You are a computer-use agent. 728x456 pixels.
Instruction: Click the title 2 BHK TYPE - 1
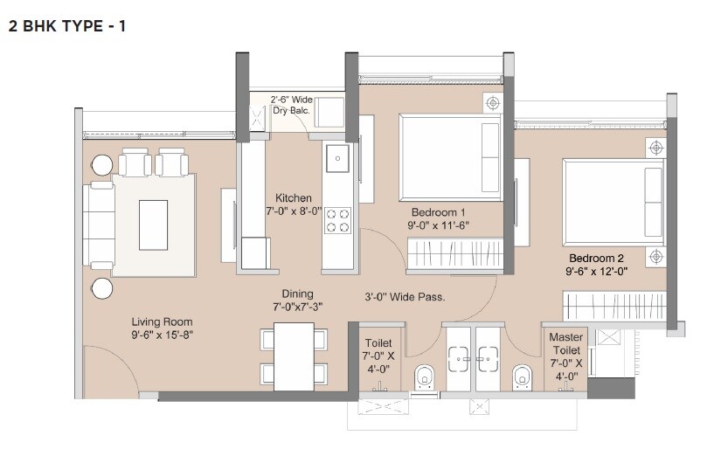(67, 27)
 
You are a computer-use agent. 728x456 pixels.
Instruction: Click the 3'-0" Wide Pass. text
(405, 297)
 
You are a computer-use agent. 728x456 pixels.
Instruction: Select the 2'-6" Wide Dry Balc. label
(291, 105)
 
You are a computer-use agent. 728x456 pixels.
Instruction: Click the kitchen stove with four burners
(336, 219)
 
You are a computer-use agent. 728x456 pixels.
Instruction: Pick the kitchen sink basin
(337, 159)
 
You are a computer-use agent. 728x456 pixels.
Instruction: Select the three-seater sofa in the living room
(98, 225)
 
